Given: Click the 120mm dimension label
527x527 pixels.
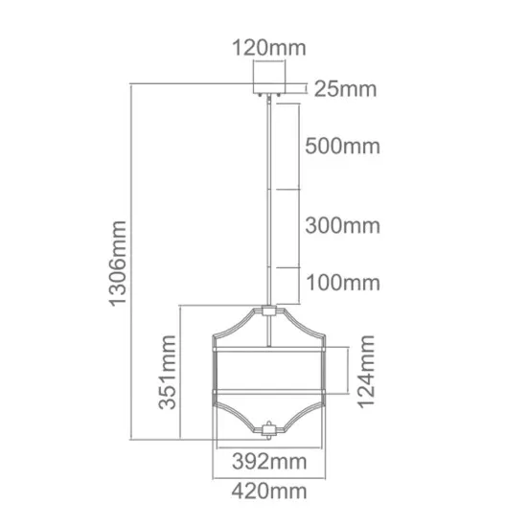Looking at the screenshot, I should tap(264, 45).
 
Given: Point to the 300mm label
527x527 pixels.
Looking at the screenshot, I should tap(342, 226).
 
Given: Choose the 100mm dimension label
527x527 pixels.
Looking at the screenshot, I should tap(342, 283).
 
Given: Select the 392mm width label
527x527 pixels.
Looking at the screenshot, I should tap(269, 461).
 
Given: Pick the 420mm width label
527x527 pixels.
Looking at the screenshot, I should tap(269, 493).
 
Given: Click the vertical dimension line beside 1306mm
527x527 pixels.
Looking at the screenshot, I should tap(133, 264).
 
